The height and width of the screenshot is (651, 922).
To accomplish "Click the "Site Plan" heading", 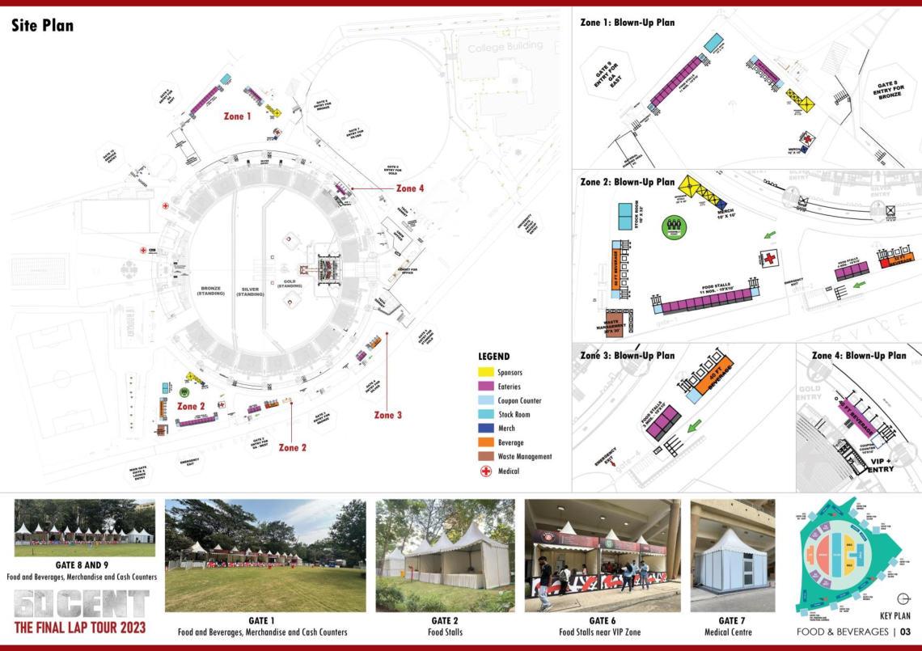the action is click(x=42, y=26).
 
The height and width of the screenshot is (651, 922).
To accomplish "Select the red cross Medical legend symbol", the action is click(x=486, y=471).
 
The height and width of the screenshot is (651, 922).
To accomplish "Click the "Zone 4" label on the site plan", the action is click(x=409, y=188).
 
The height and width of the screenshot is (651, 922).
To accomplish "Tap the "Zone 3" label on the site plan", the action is click(x=388, y=415).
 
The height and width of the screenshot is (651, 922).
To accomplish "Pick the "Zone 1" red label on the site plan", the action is click(x=238, y=116).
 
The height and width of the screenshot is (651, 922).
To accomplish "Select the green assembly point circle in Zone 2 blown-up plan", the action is click(x=673, y=226).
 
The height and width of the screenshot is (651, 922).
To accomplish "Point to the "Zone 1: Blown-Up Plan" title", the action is click(x=627, y=23).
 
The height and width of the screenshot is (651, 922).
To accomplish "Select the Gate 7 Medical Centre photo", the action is click(x=732, y=556).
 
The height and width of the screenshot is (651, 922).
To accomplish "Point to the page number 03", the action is click(x=905, y=632).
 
